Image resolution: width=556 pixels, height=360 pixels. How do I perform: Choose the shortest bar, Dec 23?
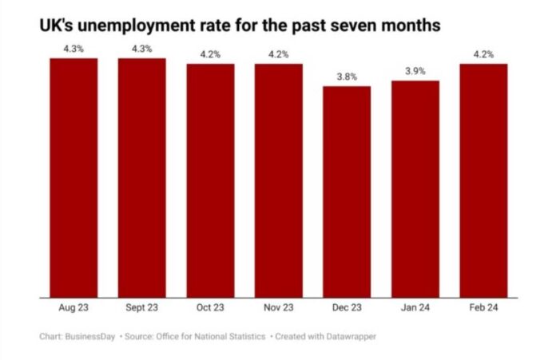point(347,192)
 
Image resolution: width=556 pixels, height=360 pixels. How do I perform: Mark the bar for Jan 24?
point(415,189)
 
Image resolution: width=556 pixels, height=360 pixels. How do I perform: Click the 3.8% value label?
point(347,77)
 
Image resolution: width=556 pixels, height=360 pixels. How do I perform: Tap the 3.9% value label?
point(415,72)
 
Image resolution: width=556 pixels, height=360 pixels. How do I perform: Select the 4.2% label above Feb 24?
point(484,55)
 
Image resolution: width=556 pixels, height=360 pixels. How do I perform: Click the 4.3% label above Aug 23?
point(73,49)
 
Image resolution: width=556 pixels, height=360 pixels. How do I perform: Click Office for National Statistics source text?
point(215,336)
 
